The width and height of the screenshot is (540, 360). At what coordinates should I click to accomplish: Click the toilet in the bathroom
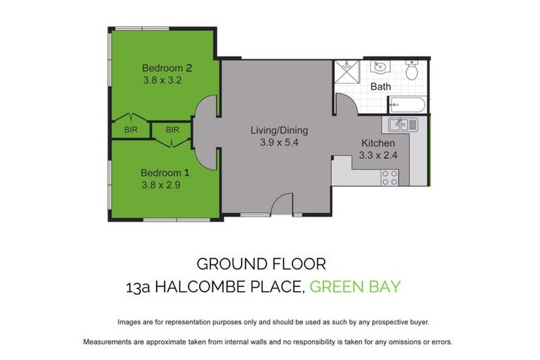413,70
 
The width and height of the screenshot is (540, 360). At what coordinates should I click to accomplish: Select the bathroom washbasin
380,68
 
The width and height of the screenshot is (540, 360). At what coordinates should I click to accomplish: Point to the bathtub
406,106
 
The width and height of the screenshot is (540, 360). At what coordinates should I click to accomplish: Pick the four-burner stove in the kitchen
390,178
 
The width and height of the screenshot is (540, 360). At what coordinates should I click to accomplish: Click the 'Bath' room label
380,87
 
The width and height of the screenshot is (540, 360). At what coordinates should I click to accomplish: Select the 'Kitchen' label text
378,143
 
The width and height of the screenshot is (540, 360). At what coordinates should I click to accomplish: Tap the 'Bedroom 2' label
167,68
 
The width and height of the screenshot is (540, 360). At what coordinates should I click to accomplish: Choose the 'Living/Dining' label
279,131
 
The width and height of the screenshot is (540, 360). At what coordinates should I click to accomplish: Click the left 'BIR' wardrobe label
131,130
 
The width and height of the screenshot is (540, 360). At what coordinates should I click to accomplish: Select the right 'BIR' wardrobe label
172,130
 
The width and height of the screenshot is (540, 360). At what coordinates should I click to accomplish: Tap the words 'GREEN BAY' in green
355,286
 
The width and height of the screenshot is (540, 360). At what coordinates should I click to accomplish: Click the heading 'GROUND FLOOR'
261,264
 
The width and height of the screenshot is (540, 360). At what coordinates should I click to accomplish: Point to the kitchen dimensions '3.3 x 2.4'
378,156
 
